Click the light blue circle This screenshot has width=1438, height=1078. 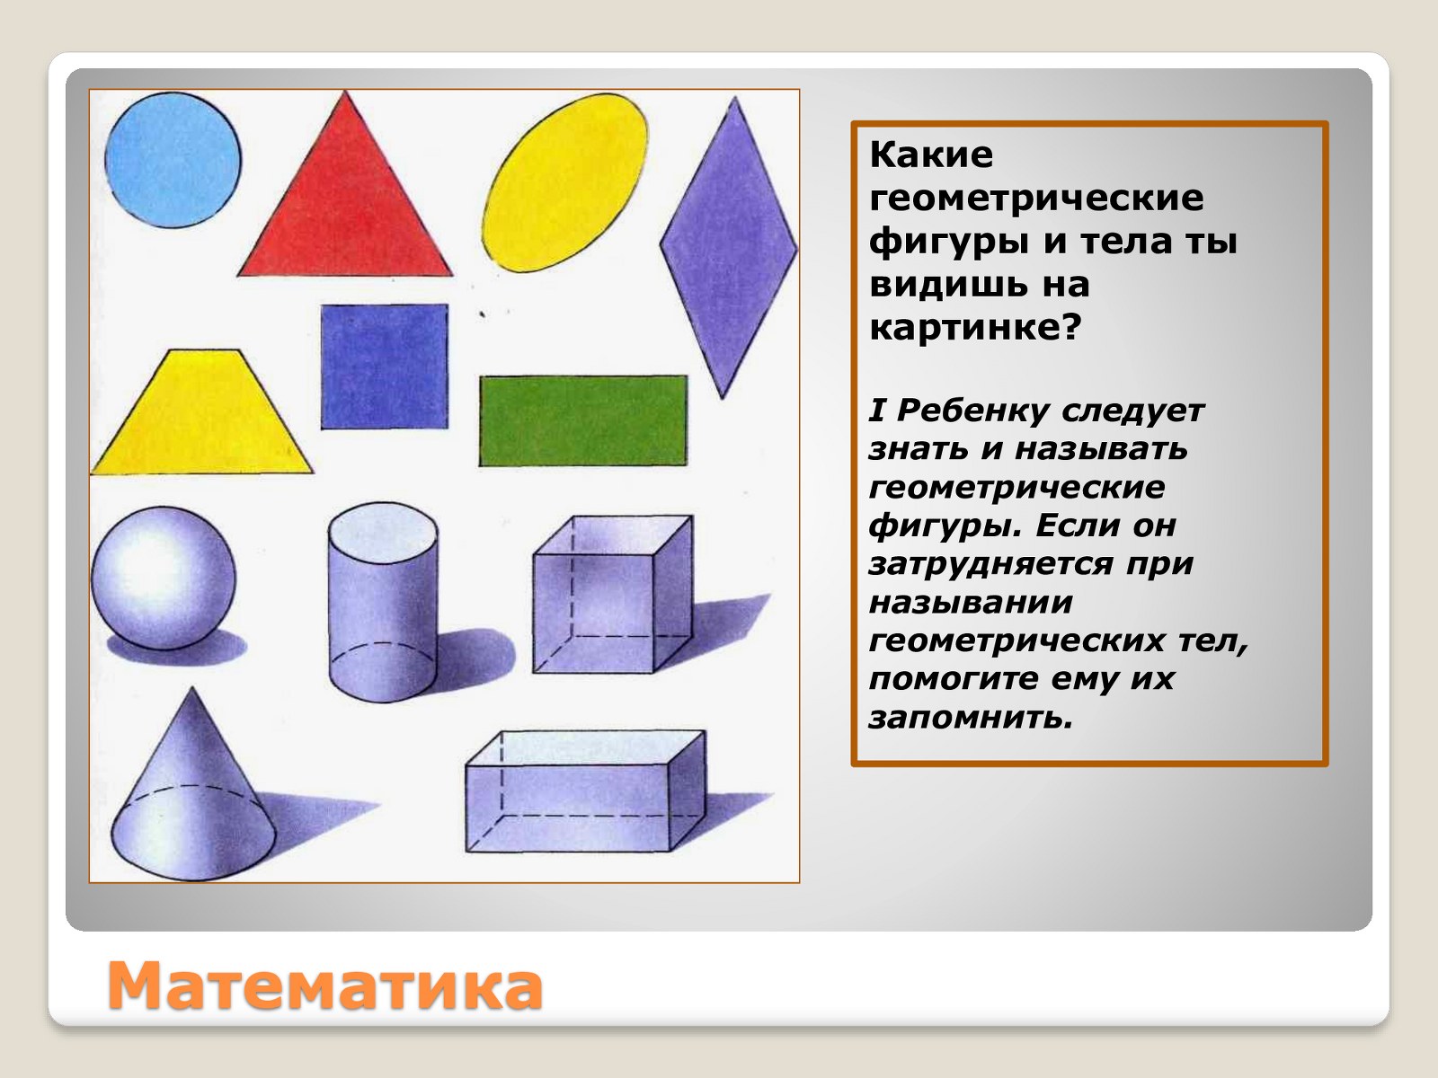173,161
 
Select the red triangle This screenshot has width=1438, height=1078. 344,203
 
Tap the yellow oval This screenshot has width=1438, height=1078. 565,182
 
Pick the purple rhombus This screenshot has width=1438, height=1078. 729,247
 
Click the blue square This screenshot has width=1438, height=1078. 385,367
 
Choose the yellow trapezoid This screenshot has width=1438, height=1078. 202,411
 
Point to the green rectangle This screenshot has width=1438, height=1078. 583,420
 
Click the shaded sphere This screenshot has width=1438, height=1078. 164,578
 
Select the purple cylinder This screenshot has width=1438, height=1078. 383,602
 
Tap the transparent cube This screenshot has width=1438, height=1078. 613,595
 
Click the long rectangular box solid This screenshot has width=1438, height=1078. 586,791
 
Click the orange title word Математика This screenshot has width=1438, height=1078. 325,985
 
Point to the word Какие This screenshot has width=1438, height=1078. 931,155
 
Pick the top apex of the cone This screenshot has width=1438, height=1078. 192,687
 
